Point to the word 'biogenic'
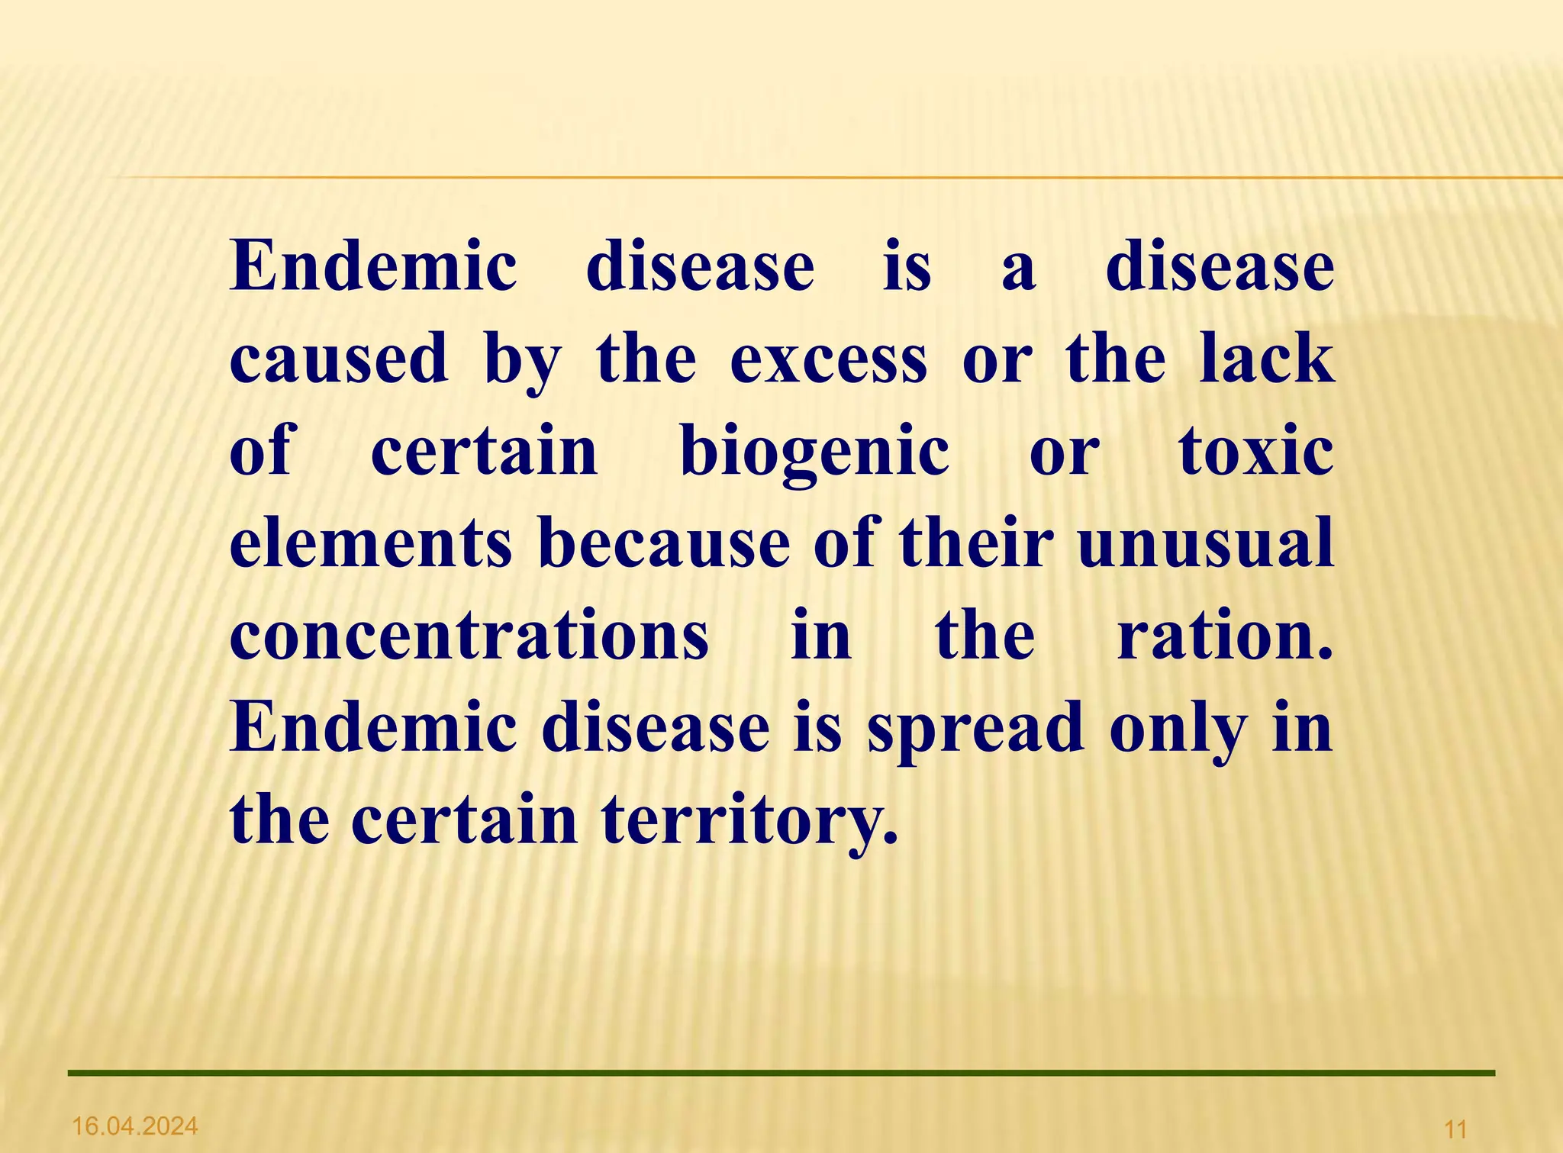[x=814, y=452]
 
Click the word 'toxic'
[x=1256, y=452]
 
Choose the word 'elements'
[x=371, y=543]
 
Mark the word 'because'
[x=664, y=543]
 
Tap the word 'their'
[x=976, y=543]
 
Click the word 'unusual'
[x=1205, y=543]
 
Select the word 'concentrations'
[x=469, y=636]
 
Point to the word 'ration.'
[x=1225, y=636]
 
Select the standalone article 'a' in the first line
[x=1019, y=269]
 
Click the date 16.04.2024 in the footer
[x=134, y=1125]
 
